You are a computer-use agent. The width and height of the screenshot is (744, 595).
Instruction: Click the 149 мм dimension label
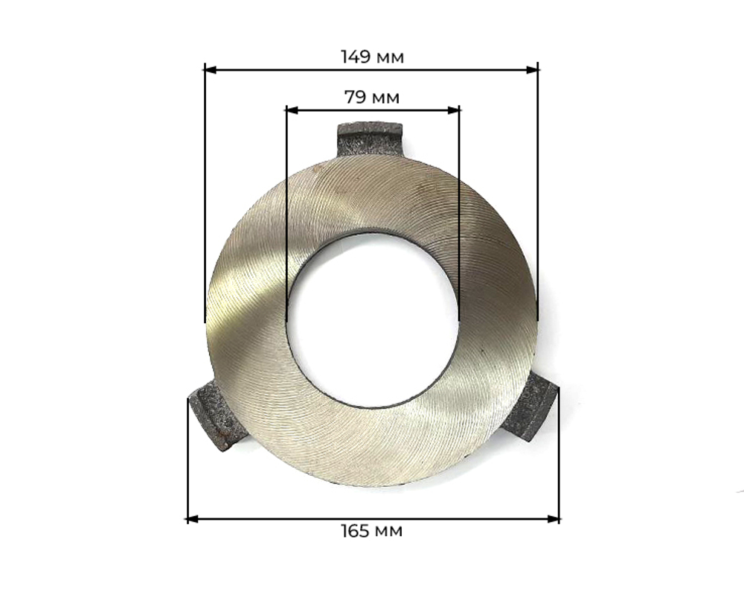373,57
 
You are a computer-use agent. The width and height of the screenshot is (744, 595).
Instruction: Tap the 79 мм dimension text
372,98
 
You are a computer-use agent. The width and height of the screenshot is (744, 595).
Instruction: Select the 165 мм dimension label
372,530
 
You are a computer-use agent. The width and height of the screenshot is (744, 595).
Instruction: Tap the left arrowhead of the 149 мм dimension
211,70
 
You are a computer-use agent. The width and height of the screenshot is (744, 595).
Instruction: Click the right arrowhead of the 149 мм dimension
533,70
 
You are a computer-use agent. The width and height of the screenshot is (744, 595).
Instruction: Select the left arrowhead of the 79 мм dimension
292,110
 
